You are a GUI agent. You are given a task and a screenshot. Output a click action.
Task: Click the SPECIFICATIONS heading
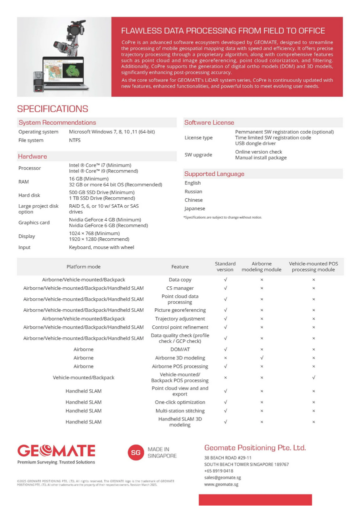[52, 109]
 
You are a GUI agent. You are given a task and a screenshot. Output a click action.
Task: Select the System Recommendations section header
[57, 123]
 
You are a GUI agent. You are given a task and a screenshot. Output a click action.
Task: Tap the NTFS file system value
[74, 141]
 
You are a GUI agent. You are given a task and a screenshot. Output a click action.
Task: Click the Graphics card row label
[34, 223]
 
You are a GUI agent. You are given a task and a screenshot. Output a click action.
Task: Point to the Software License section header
[209, 123]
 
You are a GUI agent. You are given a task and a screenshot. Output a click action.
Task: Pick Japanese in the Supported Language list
[194, 209]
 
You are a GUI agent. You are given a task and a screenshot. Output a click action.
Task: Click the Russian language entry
[193, 192]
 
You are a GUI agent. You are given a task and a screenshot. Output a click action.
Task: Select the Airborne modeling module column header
[261, 266]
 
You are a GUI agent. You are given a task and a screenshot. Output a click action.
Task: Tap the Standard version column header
[225, 266]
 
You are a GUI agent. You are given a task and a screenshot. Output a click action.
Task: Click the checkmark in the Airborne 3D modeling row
[262, 358]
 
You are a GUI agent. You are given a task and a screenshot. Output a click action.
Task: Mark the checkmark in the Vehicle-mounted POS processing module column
[313, 377]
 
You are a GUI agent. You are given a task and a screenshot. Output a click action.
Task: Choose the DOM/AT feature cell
[180, 349]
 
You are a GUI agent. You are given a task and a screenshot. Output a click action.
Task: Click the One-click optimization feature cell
[180, 402]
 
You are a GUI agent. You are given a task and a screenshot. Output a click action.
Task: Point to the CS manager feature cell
[180, 288]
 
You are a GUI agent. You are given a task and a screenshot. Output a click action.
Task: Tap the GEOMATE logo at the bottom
[56, 450]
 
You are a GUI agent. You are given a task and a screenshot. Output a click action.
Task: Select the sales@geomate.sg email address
[222, 477]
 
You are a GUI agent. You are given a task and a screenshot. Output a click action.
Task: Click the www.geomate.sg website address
[221, 484]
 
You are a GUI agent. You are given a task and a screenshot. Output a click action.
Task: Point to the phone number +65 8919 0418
[218, 471]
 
